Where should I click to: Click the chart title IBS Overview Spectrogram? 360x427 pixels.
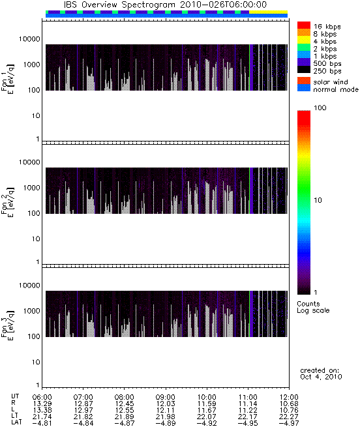119,5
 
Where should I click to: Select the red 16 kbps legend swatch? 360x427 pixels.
304,25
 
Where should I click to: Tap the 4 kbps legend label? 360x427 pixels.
325,42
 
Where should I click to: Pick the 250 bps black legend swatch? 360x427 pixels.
304,70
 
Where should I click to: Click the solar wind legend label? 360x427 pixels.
331,82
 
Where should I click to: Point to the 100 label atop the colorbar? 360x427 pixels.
320,108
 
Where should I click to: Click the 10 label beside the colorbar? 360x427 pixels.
318,200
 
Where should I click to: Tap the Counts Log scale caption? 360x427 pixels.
313,307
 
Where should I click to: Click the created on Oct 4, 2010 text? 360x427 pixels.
321,374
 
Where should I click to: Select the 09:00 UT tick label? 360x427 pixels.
166,397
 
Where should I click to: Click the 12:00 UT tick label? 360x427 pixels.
289,397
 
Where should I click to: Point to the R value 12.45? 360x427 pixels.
125,404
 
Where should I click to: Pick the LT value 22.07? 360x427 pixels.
207,417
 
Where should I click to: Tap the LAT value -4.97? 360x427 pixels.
289,423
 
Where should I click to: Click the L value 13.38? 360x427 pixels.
42,410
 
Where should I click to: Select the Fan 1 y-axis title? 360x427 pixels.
8,79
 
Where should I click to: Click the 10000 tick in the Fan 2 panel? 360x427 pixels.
29,162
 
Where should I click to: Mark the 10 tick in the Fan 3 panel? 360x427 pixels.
36,362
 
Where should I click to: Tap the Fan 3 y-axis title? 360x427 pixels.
8,325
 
